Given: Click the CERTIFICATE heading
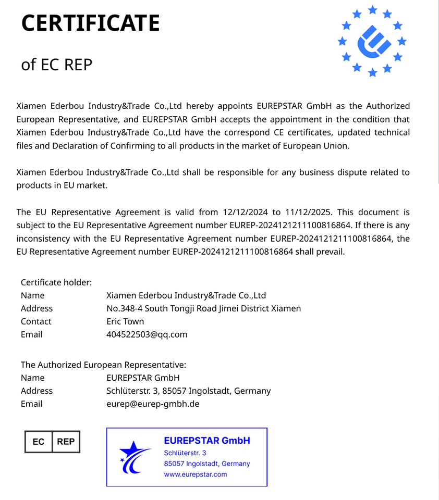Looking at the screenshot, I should point(90,23).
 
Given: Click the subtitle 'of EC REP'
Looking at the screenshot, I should point(56,65).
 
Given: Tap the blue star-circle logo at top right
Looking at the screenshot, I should point(373,41).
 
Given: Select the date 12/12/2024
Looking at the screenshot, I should point(245,212).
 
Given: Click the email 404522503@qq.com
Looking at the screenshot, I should point(147,334).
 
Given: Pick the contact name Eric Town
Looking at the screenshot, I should point(125,321).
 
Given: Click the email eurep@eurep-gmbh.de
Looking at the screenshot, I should point(153,404).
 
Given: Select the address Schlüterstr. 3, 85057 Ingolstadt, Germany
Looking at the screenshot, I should point(188,391).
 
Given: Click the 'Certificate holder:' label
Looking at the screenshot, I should point(56,282).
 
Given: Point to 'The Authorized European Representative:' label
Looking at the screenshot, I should point(103,365).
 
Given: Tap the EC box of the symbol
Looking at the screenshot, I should point(39,442).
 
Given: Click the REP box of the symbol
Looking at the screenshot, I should point(66,442).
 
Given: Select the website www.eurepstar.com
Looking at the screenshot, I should point(196,474).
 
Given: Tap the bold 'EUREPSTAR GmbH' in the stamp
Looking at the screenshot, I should point(207,441).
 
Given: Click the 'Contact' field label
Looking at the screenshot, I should point(36,321).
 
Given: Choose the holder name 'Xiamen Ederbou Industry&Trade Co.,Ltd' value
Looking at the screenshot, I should point(186,295).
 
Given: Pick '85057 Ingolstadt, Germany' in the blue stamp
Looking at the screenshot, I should point(207,464).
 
